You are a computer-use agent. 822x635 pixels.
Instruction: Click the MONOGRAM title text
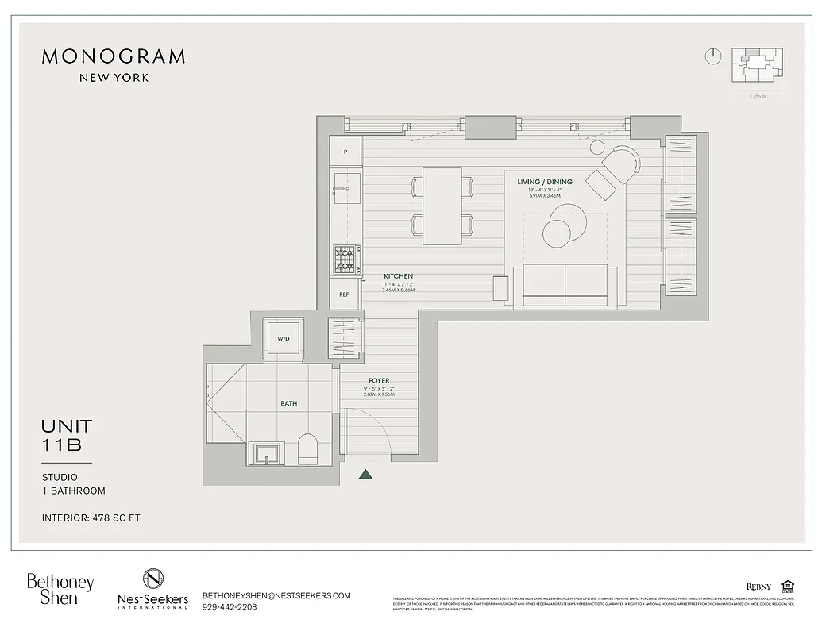tap(113, 56)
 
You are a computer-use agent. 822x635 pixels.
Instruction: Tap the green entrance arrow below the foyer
tap(365, 475)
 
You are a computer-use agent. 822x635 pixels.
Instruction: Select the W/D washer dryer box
tap(283, 339)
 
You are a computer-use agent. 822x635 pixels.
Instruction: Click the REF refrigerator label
tap(344, 294)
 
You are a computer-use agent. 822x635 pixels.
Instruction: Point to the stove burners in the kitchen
tap(345, 258)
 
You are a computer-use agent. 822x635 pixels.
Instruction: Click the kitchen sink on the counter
tap(345, 191)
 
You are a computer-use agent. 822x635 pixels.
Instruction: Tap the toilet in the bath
tap(307, 449)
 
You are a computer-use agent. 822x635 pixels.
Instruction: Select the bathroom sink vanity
tap(264, 453)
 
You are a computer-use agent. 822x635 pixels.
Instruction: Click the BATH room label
tap(288, 403)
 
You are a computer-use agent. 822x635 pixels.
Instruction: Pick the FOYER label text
tap(379, 381)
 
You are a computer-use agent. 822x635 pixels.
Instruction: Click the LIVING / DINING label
tap(544, 182)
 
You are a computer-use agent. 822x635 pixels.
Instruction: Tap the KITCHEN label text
tap(397, 276)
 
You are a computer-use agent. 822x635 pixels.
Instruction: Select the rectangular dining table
tap(442, 206)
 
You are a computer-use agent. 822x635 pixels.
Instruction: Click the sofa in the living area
tap(565, 286)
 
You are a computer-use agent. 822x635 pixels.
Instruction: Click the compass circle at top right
tap(712, 56)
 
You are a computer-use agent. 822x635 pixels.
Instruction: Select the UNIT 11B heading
tap(67, 436)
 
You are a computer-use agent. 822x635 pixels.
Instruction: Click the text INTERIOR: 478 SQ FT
tap(91, 518)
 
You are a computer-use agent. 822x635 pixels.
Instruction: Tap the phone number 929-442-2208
tap(230, 607)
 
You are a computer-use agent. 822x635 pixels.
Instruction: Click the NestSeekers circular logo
tap(152, 579)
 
